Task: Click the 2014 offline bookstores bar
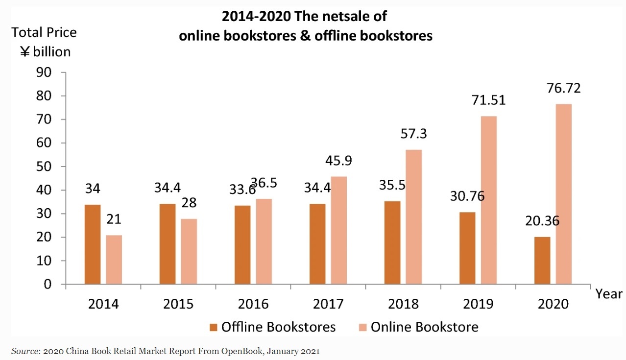click(93, 244)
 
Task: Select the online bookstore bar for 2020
click(563, 194)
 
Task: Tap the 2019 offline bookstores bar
click(467, 248)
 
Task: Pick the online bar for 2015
click(189, 251)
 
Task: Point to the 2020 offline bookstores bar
click(542, 260)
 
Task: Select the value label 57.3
click(413, 134)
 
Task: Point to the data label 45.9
click(338, 161)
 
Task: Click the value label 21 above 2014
click(114, 219)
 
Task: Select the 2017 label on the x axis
click(328, 304)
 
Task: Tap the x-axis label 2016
click(253, 304)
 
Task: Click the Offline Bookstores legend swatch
click(213, 327)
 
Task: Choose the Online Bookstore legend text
click(424, 327)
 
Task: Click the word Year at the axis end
click(609, 294)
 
